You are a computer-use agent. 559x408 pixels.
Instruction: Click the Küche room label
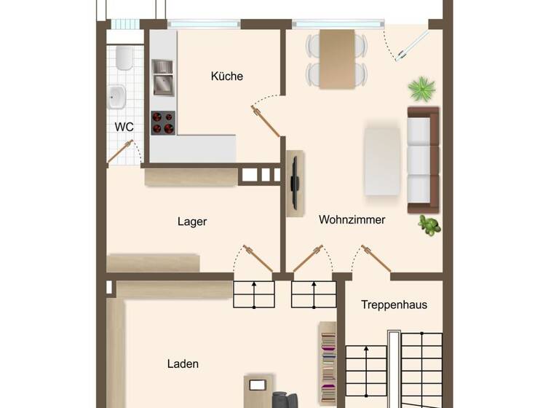point(227,76)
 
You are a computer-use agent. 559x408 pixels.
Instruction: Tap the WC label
point(124,127)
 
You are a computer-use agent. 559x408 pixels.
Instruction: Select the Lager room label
point(192,221)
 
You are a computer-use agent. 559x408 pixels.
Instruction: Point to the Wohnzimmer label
point(352,219)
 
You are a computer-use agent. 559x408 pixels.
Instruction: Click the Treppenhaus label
point(394,305)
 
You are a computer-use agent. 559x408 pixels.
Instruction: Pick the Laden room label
point(183,364)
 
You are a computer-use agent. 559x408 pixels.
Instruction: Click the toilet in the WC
point(124,58)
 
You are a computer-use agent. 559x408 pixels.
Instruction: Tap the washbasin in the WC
point(116,95)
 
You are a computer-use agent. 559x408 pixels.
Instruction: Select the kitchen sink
point(162,76)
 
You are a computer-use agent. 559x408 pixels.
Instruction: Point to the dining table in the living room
point(337,58)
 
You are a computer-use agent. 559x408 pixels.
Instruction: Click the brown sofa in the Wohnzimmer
point(423,160)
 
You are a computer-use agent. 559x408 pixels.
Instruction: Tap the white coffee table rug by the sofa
point(383,161)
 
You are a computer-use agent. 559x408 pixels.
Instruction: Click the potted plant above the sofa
point(421,90)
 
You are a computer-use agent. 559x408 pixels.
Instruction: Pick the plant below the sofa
point(429,224)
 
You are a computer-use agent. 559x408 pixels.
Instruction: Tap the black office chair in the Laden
point(285,400)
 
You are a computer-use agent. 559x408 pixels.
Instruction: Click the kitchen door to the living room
point(267,121)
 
